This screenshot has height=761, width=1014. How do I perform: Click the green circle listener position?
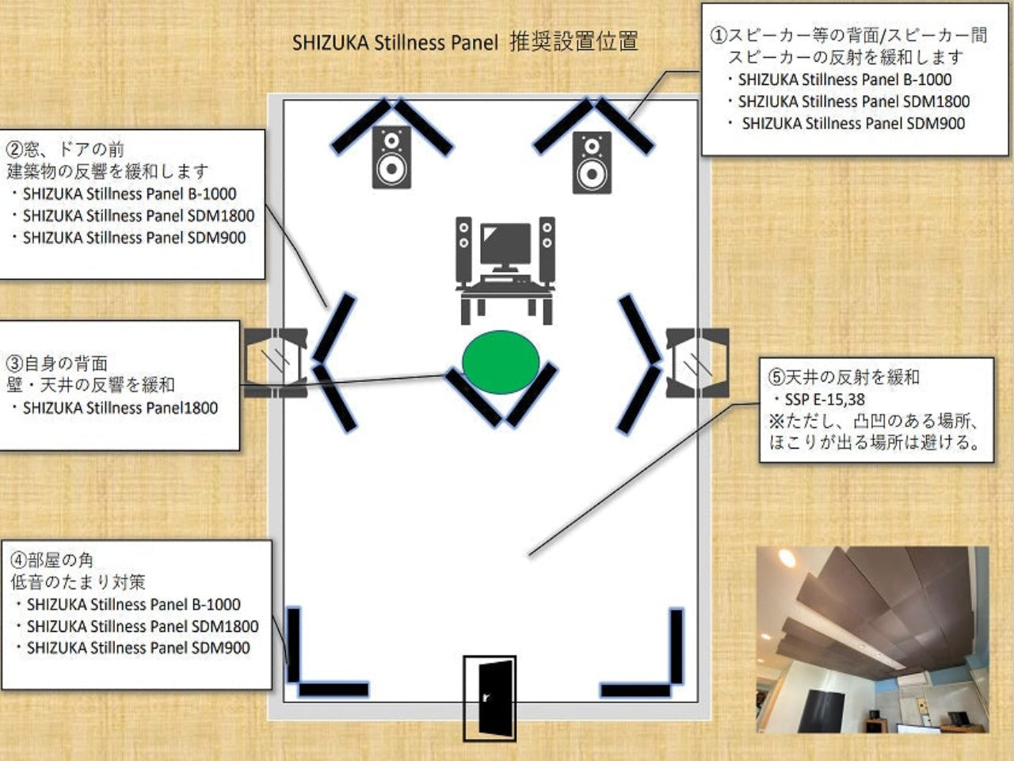pos(501,362)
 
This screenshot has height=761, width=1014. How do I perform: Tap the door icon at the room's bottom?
pos(490,698)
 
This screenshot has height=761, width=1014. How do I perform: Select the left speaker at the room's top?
pos(392,157)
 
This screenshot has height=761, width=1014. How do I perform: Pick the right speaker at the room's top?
pos(593,163)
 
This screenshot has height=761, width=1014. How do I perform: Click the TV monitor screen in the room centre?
pos(505,245)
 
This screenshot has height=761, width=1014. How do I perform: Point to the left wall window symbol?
pos(276,363)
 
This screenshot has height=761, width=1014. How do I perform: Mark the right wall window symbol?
pos(698,363)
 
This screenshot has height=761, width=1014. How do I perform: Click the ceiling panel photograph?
pos(873,640)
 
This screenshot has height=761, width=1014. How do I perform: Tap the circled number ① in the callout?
pos(719,35)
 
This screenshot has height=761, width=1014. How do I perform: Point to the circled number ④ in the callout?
pos(18,560)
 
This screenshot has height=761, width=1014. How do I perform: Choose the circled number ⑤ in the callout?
pos(776,377)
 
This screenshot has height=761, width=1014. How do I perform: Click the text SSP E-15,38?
pos(825,400)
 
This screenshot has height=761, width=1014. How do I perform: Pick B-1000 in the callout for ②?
pos(212,194)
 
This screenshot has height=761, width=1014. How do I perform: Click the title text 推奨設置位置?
pos(574,41)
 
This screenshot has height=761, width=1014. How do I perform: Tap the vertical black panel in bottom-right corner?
pos(677,647)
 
